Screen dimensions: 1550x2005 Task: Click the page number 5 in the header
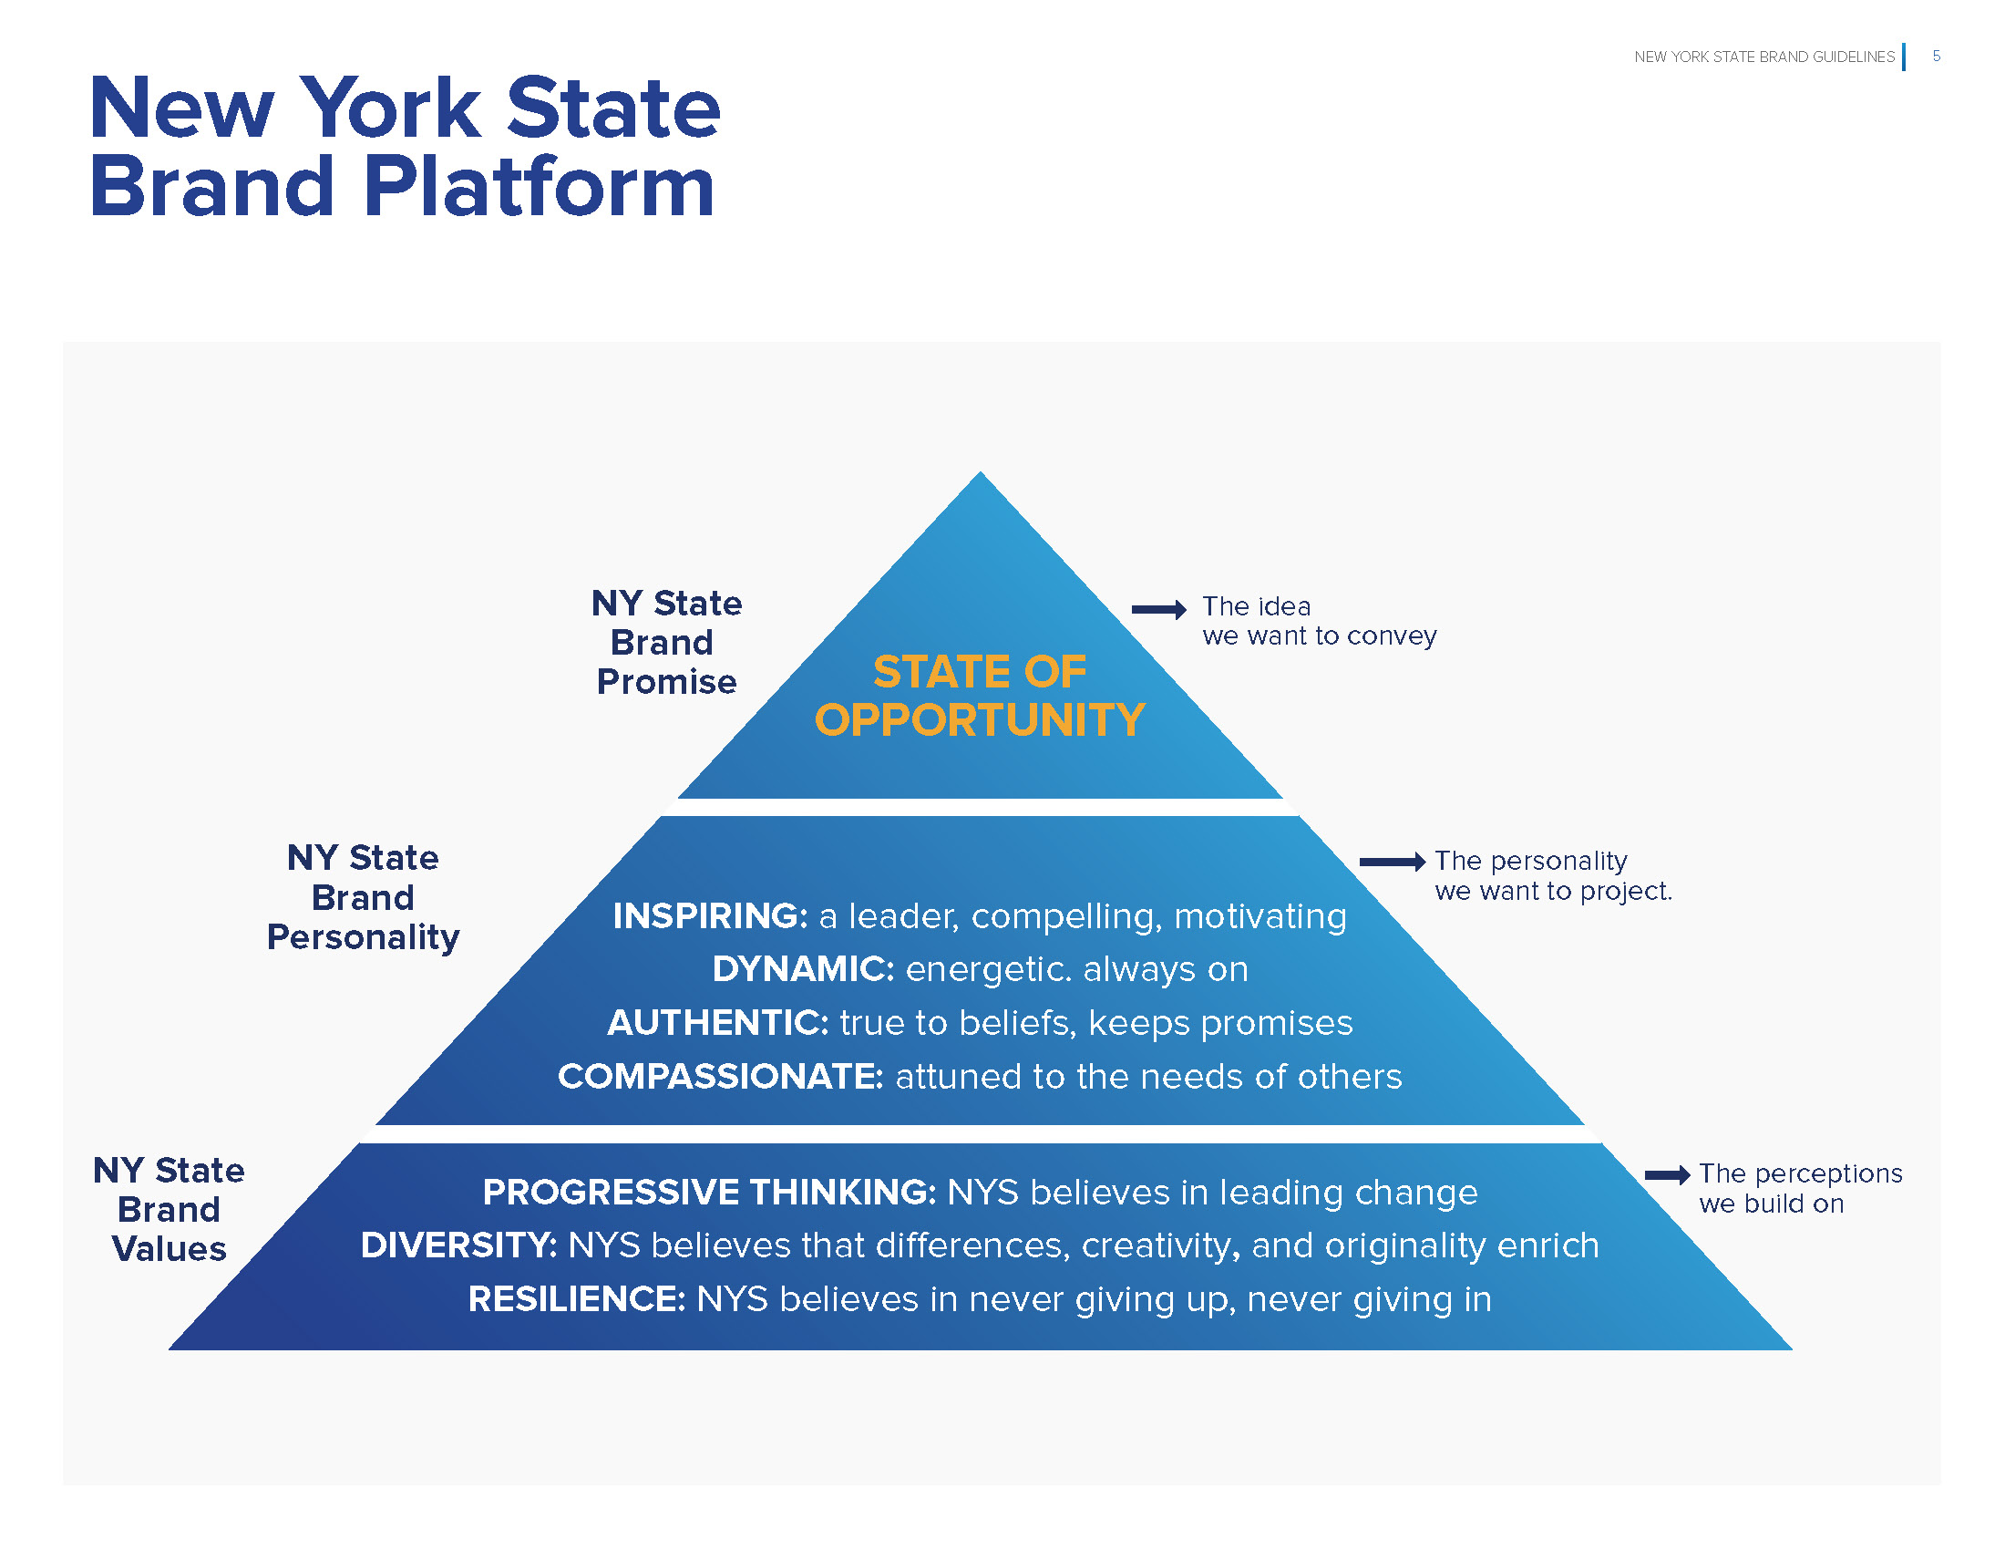click(x=1936, y=56)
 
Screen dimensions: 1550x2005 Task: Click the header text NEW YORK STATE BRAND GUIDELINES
click(x=1763, y=57)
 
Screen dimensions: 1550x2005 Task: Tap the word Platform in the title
click(x=539, y=187)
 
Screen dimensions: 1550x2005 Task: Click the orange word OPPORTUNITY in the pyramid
click(x=980, y=720)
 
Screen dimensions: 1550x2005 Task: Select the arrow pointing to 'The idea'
click(x=1158, y=609)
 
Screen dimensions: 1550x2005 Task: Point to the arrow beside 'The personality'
click(x=1392, y=862)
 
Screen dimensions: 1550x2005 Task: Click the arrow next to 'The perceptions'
click(x=1667, y=1174)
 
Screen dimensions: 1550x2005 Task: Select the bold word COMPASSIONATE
click(x=720, y=1076)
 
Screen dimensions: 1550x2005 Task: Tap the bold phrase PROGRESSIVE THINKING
click(x=709, y=1193)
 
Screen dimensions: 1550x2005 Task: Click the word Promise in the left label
click(x=666, y=682)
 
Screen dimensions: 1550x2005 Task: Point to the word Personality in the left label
click(x=364, y=937)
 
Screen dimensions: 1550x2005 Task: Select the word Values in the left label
click(x=169, y=1249)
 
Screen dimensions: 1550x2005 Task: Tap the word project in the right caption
click(x=1624, y=891)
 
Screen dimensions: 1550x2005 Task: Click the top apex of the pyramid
click(x=981, y=476)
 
